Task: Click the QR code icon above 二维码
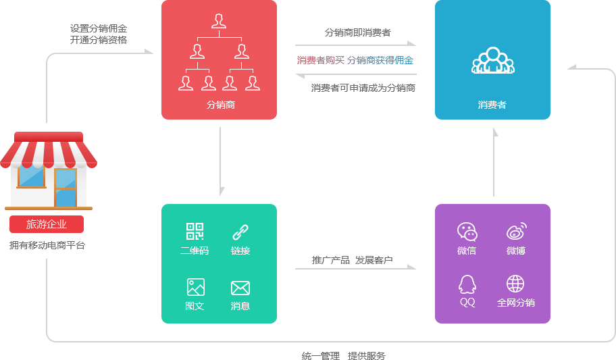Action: [195, 232]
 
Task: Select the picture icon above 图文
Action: [195, 287]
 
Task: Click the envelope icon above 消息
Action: [240, 288]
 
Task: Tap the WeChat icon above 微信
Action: [467, 232]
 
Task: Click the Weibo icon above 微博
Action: [516, 232]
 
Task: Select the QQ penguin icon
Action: [467, 284]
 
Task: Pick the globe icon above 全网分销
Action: [515, 284]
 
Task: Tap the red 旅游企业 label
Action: [47, 224]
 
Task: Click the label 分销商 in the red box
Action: [220, 105]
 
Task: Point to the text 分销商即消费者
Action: [357, 32]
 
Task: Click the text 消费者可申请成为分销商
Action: [363, 88]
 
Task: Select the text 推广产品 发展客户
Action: [352, 260]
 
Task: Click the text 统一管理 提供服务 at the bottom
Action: [343, 355]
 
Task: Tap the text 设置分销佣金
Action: [99, 28]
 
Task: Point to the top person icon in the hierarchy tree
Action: [219, 21]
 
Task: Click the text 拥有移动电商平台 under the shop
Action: [47, 245]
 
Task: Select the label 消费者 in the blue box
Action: [492, 105]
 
